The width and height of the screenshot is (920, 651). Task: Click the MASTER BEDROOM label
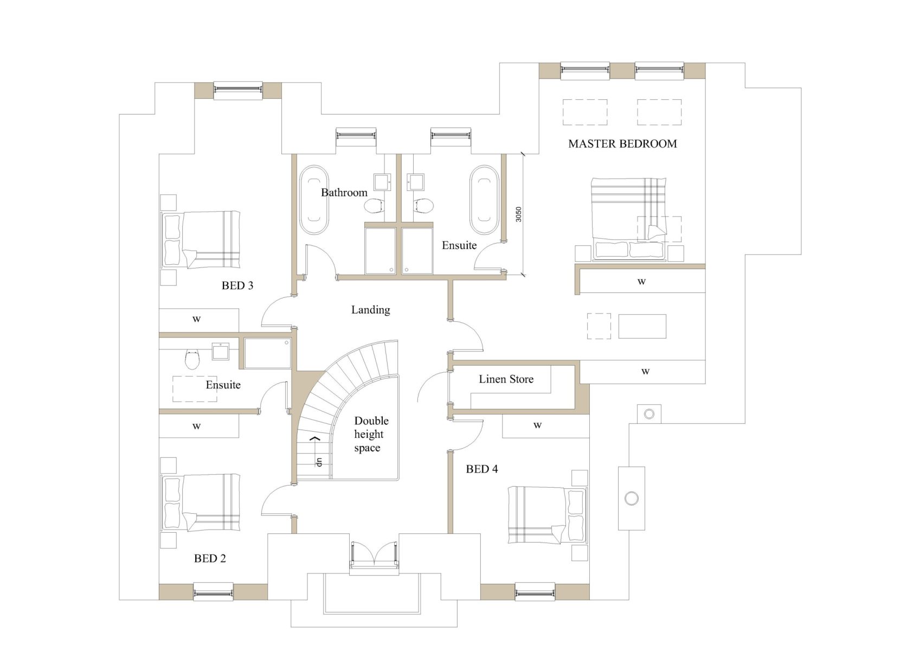pos(622,144)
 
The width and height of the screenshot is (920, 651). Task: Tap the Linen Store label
pos(506,379)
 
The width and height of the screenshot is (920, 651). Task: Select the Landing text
pos(370,310)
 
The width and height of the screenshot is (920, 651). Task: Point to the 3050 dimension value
pos(518,214)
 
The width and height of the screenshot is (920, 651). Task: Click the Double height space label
pos(371,434)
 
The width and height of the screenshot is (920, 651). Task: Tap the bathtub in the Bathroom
pos(314,200)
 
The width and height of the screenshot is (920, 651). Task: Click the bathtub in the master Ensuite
pos(485,200)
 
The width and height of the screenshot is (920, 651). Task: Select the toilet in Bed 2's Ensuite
pos(192,359)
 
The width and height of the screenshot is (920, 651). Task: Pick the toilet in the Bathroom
pos(374,206)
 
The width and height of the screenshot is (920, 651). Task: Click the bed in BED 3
pos(201,240)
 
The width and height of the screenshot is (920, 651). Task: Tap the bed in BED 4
pos(548,515)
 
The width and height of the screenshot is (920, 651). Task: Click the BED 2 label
pos(210,559)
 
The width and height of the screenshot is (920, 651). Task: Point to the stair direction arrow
pos(314,439)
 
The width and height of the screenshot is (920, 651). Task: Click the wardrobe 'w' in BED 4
pos(537,425)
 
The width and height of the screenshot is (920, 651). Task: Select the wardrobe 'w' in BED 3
pos(196,319)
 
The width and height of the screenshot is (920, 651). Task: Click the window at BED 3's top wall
pos(238,91)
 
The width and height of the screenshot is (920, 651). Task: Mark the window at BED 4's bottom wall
pos(535,592)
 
